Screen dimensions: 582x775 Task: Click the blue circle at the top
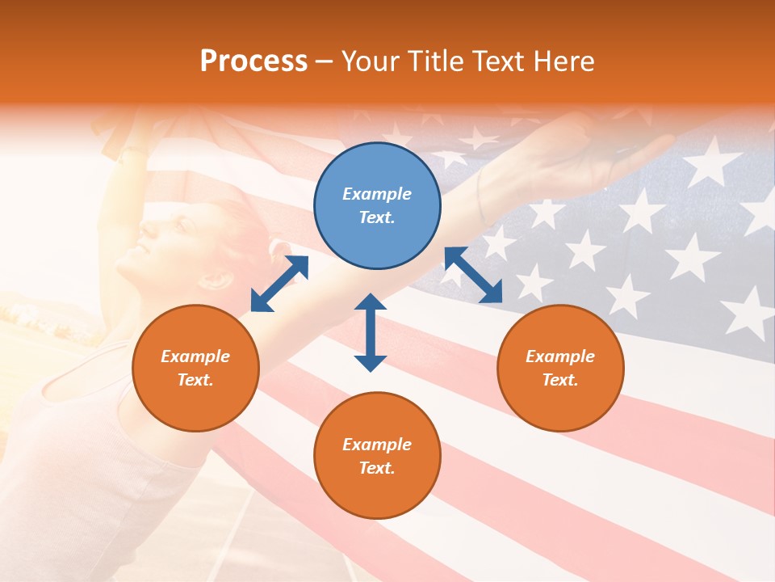(x=377, y=206)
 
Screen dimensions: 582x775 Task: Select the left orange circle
(x=195, y=368)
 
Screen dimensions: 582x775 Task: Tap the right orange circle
(x=560, y=368)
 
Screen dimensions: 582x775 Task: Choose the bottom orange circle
(x=377, y=456)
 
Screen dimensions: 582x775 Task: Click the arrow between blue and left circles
(x=279, y=284)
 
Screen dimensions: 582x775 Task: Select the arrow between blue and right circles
(x=473, y=276)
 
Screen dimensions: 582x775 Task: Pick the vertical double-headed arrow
(x=371, y=332)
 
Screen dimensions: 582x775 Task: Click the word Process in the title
(x=253, y=61)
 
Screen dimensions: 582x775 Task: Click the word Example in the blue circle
(x=377, y=194)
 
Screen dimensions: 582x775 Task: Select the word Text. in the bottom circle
(x=377, y=468)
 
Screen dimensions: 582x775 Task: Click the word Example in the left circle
(x=195, y=356)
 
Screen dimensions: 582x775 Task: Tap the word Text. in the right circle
(x=560, y=380)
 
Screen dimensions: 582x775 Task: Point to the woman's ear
(x=216, y=280)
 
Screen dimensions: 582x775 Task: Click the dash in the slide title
(x=325, y=61)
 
